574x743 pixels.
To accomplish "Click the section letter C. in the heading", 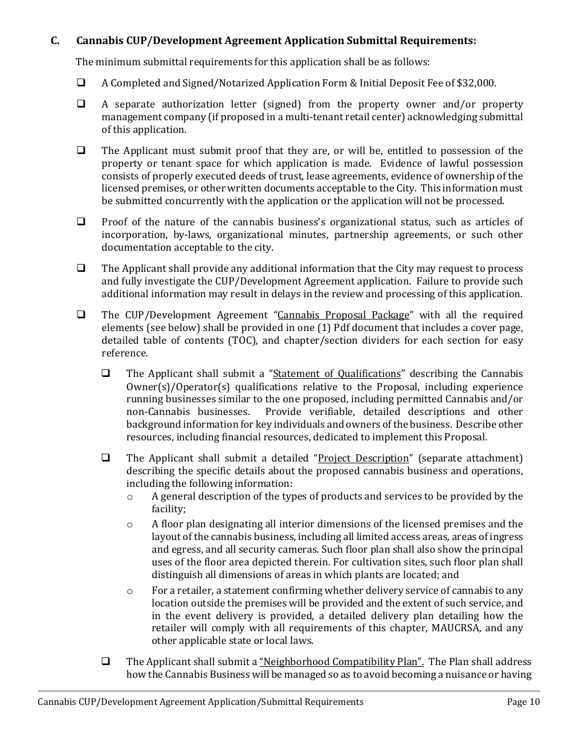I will pyautogui.click(x=55, y=41).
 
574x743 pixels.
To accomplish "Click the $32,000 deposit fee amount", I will pyautogui.click(x=476, y=83).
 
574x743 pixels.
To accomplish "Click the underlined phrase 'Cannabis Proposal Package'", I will pyautogui.click(x=343, y=315).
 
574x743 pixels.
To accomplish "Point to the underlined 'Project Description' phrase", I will pyautogui.click(x=363, y=458).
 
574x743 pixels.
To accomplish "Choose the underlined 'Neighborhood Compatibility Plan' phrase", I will pyautogui.click(x=341, y=661).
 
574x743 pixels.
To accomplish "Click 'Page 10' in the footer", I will pyautogui.click(x=523, y=701).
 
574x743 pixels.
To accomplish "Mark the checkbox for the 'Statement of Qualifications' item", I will pyautogui.click(x=106, y=373).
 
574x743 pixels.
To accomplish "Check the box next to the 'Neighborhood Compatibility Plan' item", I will pyautogui.click(x=106, y=661).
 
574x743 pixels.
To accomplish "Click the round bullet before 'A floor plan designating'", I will pyautogui.click(x=130, y=524).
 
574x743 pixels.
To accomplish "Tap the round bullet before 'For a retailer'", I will pyautogui.click(x=130, y=591).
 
